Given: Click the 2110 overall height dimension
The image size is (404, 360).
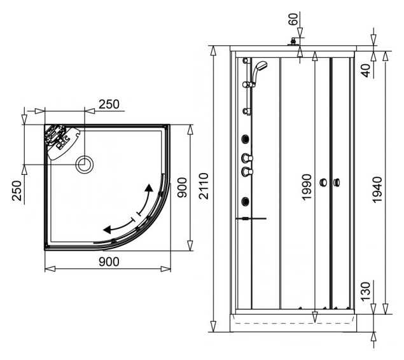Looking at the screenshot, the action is click(x=204, y=186).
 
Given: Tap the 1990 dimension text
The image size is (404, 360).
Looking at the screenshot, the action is click(x=307, y=187).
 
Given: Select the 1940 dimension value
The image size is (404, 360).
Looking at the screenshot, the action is click(x=377, y=190).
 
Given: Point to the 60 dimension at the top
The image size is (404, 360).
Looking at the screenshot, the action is click(x=293, y=19).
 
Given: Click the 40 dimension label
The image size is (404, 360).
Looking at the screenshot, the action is click(x=366, y=71).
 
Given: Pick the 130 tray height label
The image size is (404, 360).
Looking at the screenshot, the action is click(x=365, y=291).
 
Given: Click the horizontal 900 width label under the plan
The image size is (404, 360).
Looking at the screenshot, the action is click(x=109, y=262).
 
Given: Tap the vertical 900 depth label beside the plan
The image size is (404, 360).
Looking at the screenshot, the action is click(x=183, y=188).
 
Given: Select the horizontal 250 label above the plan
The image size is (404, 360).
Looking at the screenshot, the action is click(x=109, y=104).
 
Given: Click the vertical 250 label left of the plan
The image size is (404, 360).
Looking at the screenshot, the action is click(x=17, y=191).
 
